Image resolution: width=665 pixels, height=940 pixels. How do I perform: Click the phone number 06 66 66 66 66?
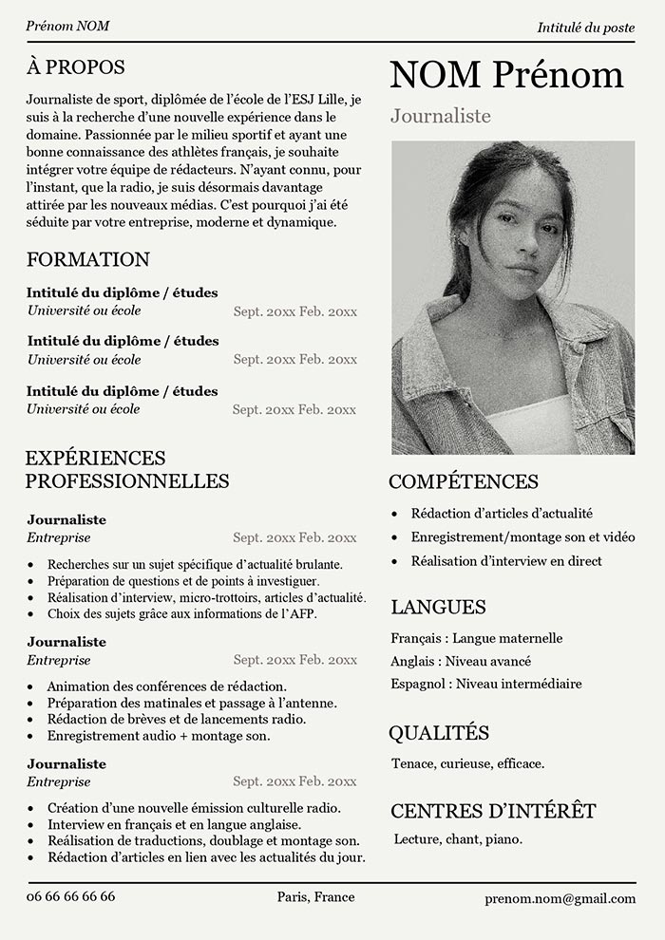click(x=71, y=896)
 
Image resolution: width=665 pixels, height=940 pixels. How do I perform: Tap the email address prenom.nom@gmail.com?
click(x=560, y=898)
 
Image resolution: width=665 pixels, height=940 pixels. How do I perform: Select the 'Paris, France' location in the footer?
click(x=315, y=896)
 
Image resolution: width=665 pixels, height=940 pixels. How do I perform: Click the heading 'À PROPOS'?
click(x=75, y=67)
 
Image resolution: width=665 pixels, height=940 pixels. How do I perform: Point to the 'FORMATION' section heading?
click(x=88, y=259)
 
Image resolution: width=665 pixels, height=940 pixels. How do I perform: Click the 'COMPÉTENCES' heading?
click(x=464, y=481)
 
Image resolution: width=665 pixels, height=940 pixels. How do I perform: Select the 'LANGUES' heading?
click(x=438, y=607)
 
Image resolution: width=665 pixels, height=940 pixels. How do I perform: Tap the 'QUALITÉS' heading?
click(x=439, y=732)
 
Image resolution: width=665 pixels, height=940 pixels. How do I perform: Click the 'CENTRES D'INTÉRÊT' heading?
click(x=493, y=811)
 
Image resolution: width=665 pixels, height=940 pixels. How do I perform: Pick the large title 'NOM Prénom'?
click(x=506, y=75)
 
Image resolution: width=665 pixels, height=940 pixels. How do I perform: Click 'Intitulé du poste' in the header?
click(x=585, y=28)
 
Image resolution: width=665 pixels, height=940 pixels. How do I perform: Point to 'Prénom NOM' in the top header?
click(x=67, y=26)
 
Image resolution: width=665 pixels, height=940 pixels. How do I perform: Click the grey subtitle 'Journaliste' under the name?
click(x=440, y=116)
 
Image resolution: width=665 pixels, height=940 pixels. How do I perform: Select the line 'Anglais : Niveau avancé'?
click(x=461, y=661)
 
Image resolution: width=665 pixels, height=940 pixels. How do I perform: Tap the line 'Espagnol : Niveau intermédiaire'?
click(x=485, y=684)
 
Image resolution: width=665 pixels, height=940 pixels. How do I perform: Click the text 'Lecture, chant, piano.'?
click(x=458, y=839)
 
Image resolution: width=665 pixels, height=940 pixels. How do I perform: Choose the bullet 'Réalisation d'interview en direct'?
click(x=506, y=561)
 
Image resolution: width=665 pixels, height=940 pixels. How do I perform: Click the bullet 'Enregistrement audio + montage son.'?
click(x=158, y=736)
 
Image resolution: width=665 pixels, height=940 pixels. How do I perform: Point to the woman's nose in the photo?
click(x=518, y=249)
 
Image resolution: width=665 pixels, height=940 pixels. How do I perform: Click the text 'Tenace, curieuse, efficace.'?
click(x=467, y=763)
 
